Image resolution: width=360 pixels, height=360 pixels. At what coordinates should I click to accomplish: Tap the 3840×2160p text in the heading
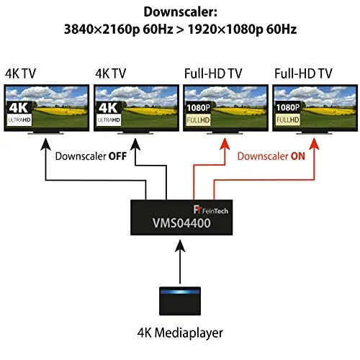pyautogui.click(x=102, y=30)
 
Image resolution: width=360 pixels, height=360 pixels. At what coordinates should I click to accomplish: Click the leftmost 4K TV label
pyautogui.click(x=20, y=73)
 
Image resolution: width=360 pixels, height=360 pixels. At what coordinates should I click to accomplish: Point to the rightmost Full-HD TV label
pyautogui.click(x=303, y=73)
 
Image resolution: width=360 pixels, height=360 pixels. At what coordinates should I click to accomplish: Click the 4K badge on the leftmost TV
pyautogui.click(x=19, y=108)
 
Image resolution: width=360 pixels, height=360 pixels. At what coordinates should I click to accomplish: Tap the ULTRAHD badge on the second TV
pyautogui.click(x=109, y=120)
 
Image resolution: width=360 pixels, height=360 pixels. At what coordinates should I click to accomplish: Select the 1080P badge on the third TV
pyautogui.click(x=198, y=108)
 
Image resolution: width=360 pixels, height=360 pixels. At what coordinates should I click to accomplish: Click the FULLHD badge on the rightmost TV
pyautogui.click(x=288, y=120)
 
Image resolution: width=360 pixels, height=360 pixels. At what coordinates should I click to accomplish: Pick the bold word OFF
pyautogui.click(x=117, y=156)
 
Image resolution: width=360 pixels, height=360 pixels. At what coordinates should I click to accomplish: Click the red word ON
pyautogui.click(x=298, y=156)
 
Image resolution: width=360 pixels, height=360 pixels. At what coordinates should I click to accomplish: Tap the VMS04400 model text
pyautogui.click(x=181, y=223)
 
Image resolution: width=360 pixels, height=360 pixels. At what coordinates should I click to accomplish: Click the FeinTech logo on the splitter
pyautogui.click(x=211, y=210)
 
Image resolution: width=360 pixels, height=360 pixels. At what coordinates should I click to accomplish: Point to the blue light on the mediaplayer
pyautogui.click(x=180, y=292)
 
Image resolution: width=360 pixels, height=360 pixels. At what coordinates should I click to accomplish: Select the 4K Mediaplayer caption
pyautogui.click(x=180, y=333)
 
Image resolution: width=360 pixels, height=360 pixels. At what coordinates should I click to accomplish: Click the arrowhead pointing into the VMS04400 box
pyautogui.click(x=180, y=246)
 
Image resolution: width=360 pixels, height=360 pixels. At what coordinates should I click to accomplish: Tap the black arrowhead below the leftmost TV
pyautogui.click(x=45, y=144)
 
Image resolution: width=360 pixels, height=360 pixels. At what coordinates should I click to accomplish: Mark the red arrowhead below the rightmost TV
pyautogui.click(x=314, y=144)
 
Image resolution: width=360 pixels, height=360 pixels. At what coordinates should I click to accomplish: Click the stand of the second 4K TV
pyautogui.click(x=135, y=132)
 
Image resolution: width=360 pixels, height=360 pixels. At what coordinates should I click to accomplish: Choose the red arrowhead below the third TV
pyautogui.click(x=225, y=144)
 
